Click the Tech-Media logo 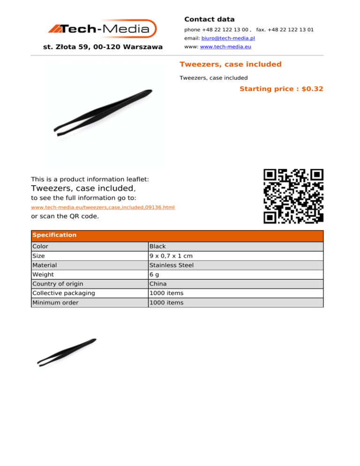102,29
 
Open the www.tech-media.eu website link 222,47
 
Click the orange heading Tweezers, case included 230,64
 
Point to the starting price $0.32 281,89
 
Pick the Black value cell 157,247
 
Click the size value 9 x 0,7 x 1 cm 171,256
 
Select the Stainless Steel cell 171,265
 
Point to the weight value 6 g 153,275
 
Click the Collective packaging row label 63,293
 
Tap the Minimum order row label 55,303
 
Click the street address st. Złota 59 103,47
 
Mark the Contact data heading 209,19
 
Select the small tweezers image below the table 67,352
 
